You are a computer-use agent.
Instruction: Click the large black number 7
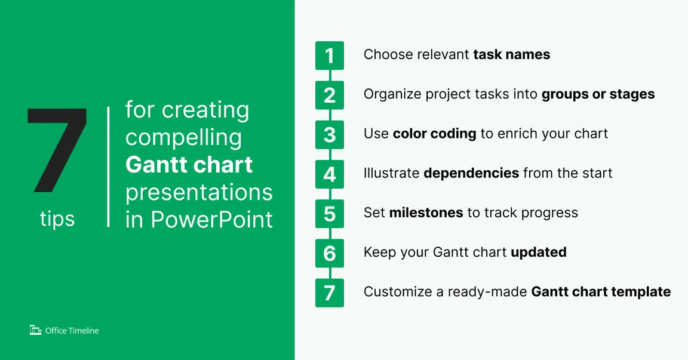[x=58, y=149]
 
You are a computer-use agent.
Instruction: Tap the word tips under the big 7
[x=57, y=219]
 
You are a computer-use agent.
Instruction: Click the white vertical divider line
[x=108, y=167]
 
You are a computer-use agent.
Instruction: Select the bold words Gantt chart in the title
[x=189, y=165]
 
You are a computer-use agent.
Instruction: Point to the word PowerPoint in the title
[x=212, y=220]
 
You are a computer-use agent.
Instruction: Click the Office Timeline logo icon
[x=36, y=330]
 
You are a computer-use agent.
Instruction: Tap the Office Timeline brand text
[x=72, y=331]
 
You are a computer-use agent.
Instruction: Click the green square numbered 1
[x=330, y=56]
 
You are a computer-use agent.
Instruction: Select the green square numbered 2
[x=330, y=95]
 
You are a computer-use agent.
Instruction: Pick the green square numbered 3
[x=330, y=134]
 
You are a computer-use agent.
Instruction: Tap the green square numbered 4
[x=330, y=174]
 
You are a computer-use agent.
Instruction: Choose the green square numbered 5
[x=330, y=214]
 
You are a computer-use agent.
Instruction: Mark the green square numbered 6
[x=330, y=253]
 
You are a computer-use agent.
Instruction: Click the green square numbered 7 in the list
[x=330, y=293]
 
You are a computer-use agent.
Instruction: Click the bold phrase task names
[x=512, y=54]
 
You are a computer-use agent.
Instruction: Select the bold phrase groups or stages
[x=598, y=94]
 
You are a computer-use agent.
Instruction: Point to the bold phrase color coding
[x=434, y=134]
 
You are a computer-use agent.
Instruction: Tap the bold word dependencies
[x=471, y=173]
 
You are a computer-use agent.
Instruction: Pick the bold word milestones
[x=426, y=213]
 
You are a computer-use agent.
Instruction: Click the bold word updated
[x=539, y=253]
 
